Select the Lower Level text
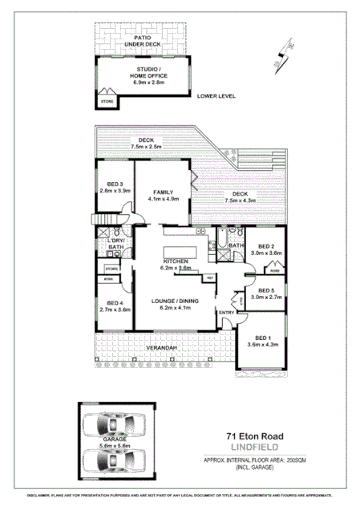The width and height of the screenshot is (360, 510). [216, 96]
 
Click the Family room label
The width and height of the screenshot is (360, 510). [164, 196]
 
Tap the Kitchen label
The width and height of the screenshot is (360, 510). [176, 265]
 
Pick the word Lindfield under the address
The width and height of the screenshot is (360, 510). [253, 449]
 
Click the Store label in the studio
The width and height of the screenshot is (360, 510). [106, 103]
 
